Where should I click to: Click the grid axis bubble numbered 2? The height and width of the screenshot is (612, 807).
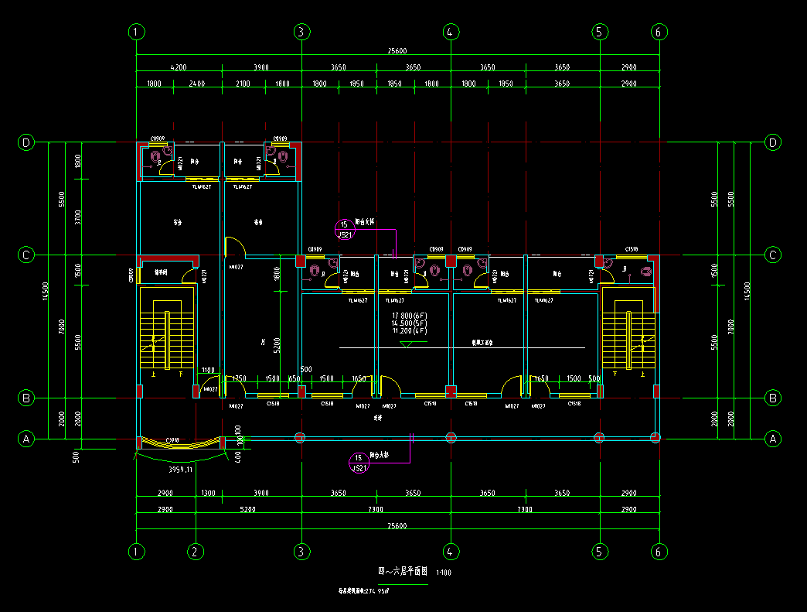[196, 552]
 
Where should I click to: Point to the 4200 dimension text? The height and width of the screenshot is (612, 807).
[179, 68]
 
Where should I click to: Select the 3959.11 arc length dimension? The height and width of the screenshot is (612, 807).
[180, 469]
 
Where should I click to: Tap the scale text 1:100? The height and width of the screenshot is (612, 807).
[444, 573]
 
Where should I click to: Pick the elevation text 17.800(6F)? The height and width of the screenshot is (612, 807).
[410, 316]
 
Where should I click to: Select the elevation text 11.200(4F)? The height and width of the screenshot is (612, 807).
[410, 330]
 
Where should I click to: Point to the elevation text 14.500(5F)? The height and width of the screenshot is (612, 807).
[410, 323]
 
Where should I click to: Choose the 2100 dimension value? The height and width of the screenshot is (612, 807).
[243, 84]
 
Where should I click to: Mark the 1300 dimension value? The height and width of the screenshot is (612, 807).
[208, 494]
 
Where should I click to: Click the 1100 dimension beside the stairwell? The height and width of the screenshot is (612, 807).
[208, 370]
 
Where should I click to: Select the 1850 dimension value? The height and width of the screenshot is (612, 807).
[394, 84]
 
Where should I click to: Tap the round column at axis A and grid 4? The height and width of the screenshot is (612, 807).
[450, 438]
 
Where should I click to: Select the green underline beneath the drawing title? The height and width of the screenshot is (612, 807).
[402, 584]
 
